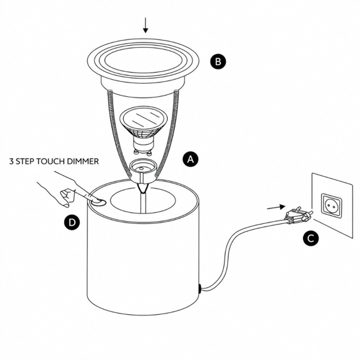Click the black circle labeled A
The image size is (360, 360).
click(190, 159)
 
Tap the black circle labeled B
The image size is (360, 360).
click(218, 62)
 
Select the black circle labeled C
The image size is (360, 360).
click(311, 238)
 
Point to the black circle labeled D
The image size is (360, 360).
click(72, 223)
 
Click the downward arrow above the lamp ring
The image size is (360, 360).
click(145, 26)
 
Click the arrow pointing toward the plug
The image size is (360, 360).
click(276, 207)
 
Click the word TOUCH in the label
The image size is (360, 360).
click(48, 162)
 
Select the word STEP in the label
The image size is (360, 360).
click(25, 162)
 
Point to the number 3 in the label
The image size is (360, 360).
click(11, 162)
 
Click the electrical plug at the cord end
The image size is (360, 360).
click(298, 215)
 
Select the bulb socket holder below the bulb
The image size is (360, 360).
click(141, 170)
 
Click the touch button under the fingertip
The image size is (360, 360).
click(98, 202)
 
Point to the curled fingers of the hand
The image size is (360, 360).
click(67, 198)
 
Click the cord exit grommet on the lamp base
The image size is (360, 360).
click(200, 289)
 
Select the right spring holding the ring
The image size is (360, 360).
click(168, 133)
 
